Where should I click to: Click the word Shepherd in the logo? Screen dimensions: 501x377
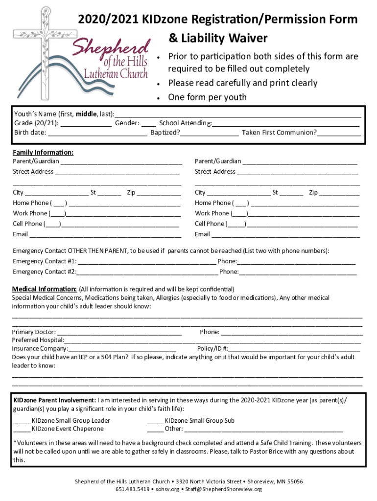111,47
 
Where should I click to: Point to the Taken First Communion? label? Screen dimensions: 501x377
279,133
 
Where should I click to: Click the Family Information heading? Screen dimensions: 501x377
43,152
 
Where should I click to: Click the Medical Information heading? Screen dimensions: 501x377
44,289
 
